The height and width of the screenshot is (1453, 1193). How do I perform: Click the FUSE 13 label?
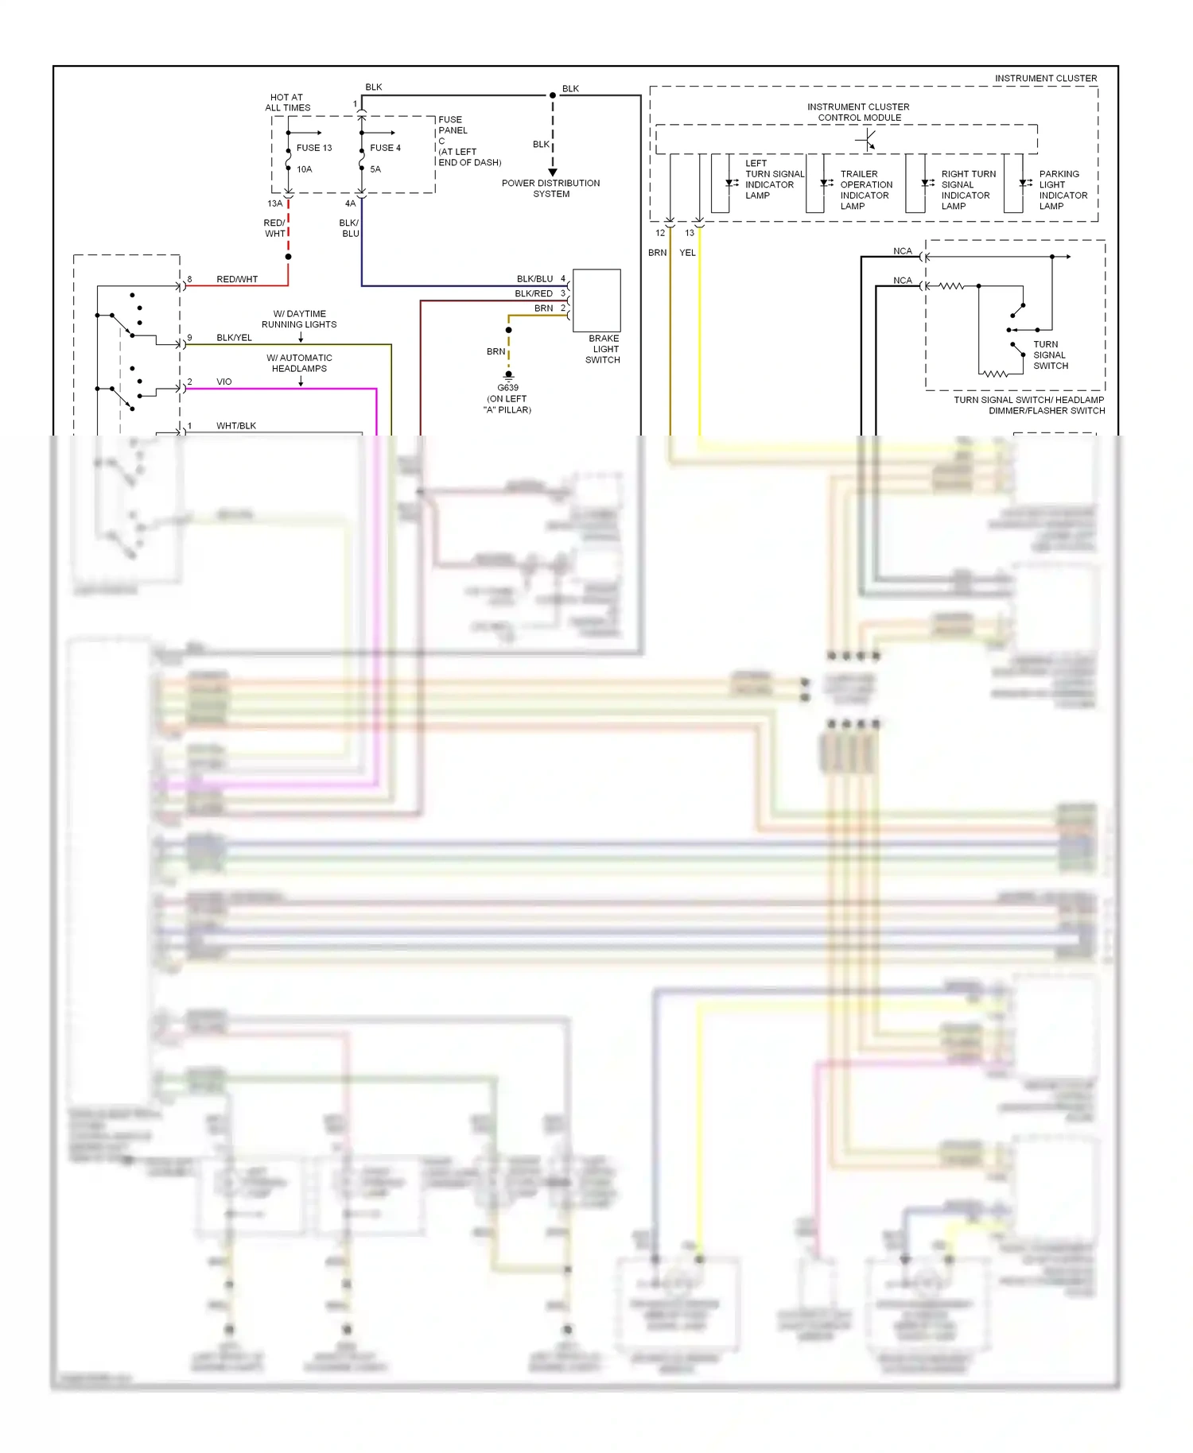click(x=314, y=148)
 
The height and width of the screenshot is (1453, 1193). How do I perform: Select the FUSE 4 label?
click(x=385, y=148)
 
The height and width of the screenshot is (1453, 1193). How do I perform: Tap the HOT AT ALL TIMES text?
click(x=287, y=103)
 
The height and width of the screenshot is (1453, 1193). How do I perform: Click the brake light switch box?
click(x=596, y=300)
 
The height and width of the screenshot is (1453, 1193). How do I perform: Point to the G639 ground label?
click(x=507, y=388)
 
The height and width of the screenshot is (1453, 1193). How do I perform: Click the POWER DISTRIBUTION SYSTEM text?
click(x=550, y=188)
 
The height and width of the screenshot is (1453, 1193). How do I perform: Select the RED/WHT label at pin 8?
click(x=237, y=280)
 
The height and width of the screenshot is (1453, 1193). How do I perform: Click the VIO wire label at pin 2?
click(x=224, y=382)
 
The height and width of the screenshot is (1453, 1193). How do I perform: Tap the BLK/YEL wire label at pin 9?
click(x=234, y=338)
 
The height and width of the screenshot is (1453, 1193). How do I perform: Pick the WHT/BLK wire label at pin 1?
click(x=236, y=426)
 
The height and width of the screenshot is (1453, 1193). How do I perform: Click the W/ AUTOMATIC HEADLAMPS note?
click(x=299, y=363)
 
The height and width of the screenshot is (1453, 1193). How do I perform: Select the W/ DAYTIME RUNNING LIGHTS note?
click(x=299, y=319)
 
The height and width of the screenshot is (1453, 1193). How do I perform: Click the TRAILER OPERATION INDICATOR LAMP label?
click(x=865, y=190)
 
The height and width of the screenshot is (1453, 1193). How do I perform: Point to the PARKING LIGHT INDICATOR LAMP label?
click(x=1063, y=190)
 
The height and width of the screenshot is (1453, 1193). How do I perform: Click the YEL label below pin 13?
click(x=687, y=253)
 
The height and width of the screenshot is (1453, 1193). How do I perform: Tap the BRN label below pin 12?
click(x=657, y=253)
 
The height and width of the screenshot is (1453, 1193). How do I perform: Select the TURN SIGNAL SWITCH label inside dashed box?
click(x=1050, y=355)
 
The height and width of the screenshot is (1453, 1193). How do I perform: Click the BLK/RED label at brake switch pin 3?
click(x=533, y=294)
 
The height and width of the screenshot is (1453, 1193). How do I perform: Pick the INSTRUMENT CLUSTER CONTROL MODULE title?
click(x=858, y=112)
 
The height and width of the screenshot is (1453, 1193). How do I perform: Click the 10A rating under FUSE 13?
click(x=304, y=169)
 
